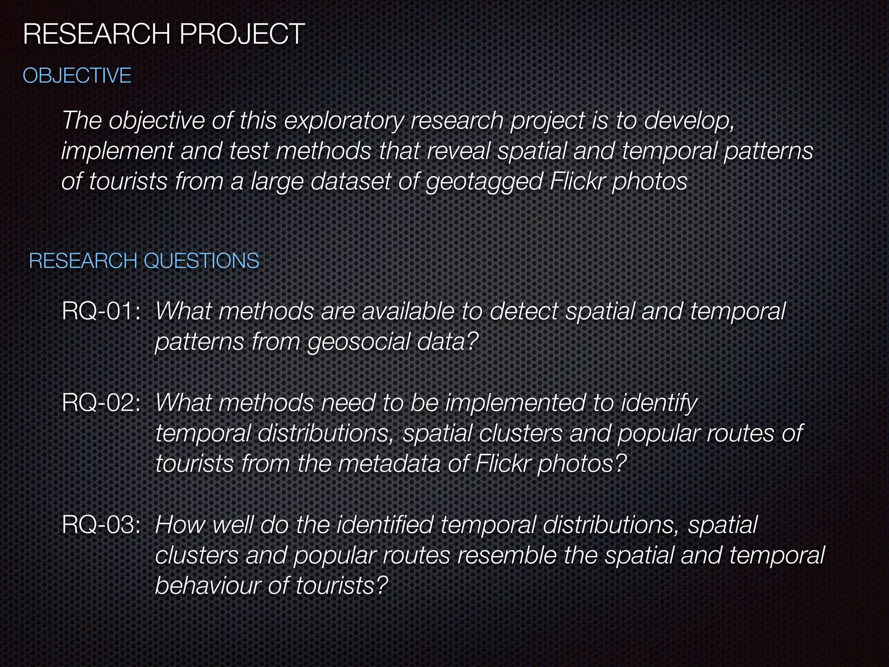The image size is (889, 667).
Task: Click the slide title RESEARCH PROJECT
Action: [164, 34]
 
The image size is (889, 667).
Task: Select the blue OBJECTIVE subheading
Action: [77, 76]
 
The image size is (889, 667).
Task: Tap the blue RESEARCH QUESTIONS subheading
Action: [144, 261]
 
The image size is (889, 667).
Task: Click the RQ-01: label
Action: [101, 311]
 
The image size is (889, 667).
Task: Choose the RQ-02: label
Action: [101, 403]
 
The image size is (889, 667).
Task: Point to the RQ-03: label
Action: [101, 525]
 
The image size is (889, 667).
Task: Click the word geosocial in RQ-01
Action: [358, 342]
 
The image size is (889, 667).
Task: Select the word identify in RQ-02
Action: [659, 403]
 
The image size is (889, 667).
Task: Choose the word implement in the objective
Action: [117, 151]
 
